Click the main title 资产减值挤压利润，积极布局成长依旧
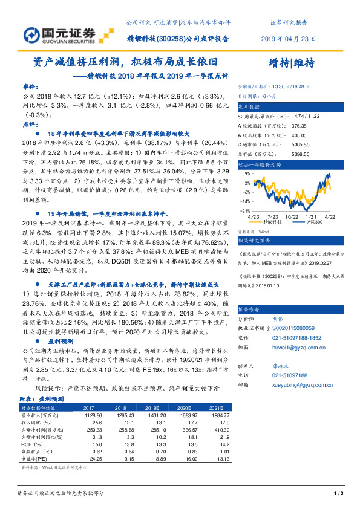coord(123,62)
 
